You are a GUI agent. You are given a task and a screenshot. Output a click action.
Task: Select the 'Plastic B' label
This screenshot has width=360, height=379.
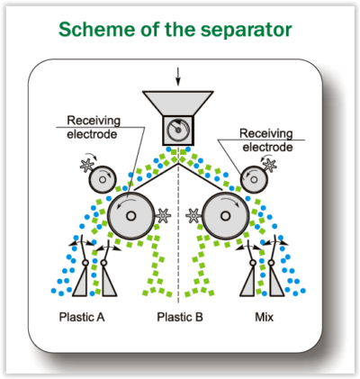pos(180,318)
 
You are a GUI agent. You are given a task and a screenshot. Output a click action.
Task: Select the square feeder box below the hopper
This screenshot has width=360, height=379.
pos(179,131)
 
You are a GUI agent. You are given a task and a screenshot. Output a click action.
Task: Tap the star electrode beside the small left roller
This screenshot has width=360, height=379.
pos(86,166)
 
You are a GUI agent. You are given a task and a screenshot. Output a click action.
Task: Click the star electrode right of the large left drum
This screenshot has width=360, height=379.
pos(164,215)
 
